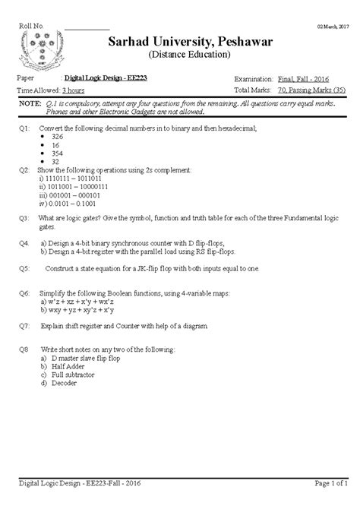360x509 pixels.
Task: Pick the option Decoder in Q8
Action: coord(65,383)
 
